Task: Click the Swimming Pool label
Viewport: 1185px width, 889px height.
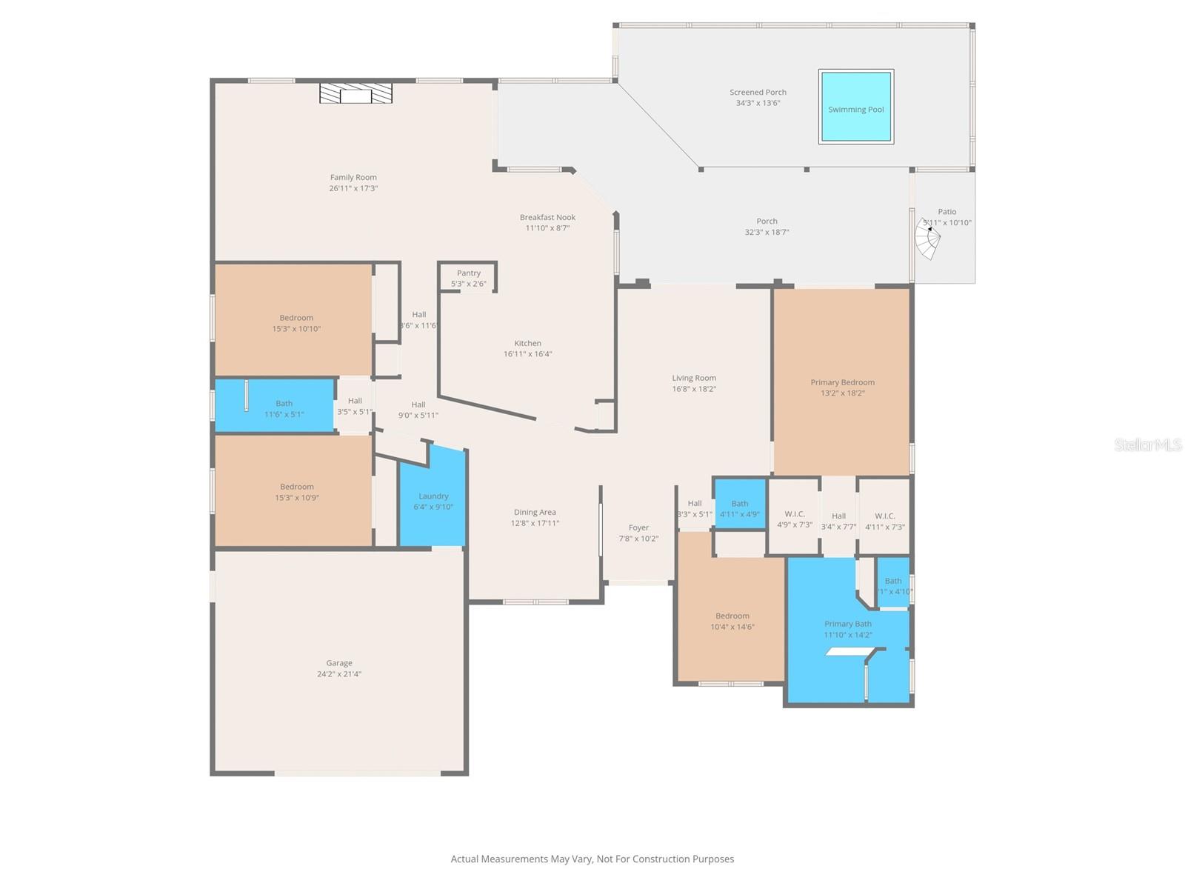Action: (855, 110)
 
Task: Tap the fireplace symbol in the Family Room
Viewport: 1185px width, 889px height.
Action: (355, 93)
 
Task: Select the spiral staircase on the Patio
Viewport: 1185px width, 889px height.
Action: (928, 239)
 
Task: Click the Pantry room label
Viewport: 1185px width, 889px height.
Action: (468, 273)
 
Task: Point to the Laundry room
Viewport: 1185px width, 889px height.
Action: (433, 501)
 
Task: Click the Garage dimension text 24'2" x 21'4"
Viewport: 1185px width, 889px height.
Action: (339, 674)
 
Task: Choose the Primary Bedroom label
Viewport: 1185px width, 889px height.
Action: (842, 382)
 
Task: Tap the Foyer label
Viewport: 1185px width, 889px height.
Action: (638, 528)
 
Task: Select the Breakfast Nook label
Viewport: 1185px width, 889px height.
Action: (547, 217)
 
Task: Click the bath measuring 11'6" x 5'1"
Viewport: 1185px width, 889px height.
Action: (284, 409)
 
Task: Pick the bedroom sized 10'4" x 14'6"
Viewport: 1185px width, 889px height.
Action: (732, 621)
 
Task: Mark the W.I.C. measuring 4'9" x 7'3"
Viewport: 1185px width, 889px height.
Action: (794, 519)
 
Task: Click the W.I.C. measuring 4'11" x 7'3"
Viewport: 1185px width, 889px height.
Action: (884, 521)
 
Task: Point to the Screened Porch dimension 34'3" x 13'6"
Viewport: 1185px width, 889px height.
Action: (758, 103)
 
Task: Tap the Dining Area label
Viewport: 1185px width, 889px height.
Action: (535, 512)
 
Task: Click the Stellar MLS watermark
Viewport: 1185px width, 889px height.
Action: (1147, 445)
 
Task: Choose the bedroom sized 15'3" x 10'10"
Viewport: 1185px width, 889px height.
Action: (296, 323)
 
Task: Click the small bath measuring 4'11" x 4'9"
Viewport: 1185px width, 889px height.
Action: (739, 508)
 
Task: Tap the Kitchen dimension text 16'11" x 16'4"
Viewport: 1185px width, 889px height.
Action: (527, 354)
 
